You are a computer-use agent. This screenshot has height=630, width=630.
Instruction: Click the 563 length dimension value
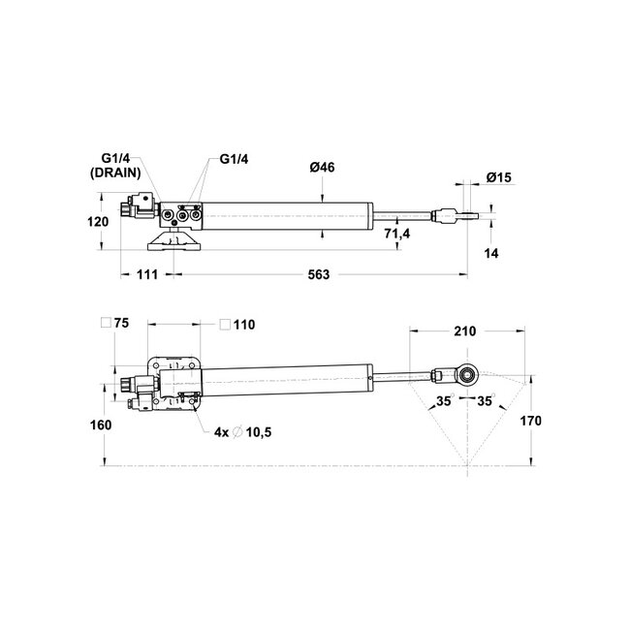pyautogui.click(x=320, y=275)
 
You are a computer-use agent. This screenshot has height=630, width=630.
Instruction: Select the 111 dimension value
pyautogui.click(x=146, y=275)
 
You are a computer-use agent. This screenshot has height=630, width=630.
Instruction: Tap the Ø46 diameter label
pyautogui.click(x=323, y=169)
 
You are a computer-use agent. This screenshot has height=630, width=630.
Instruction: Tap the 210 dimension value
pyautogui.click(x=464, y=331)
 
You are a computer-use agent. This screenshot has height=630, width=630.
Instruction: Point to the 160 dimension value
pyautogui.click(x=101, y=425)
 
